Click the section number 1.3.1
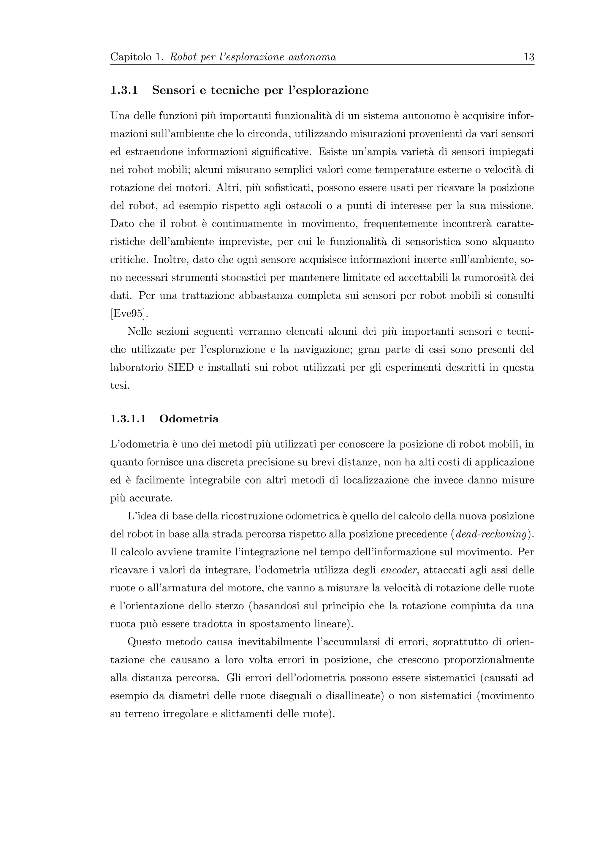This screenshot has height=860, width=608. (124, 90)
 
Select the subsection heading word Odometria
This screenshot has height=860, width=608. (189, 418)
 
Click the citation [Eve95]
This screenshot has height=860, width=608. (129, 314)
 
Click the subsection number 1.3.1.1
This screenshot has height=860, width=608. (128, 418)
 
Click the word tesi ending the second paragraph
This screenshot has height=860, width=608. (119, 385)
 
